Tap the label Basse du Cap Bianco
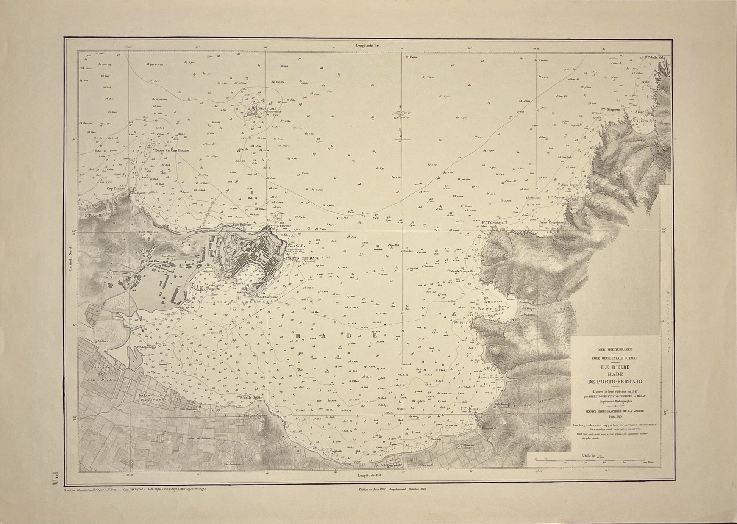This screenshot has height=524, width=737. (172, 150)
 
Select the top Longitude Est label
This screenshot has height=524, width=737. (367, 45)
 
